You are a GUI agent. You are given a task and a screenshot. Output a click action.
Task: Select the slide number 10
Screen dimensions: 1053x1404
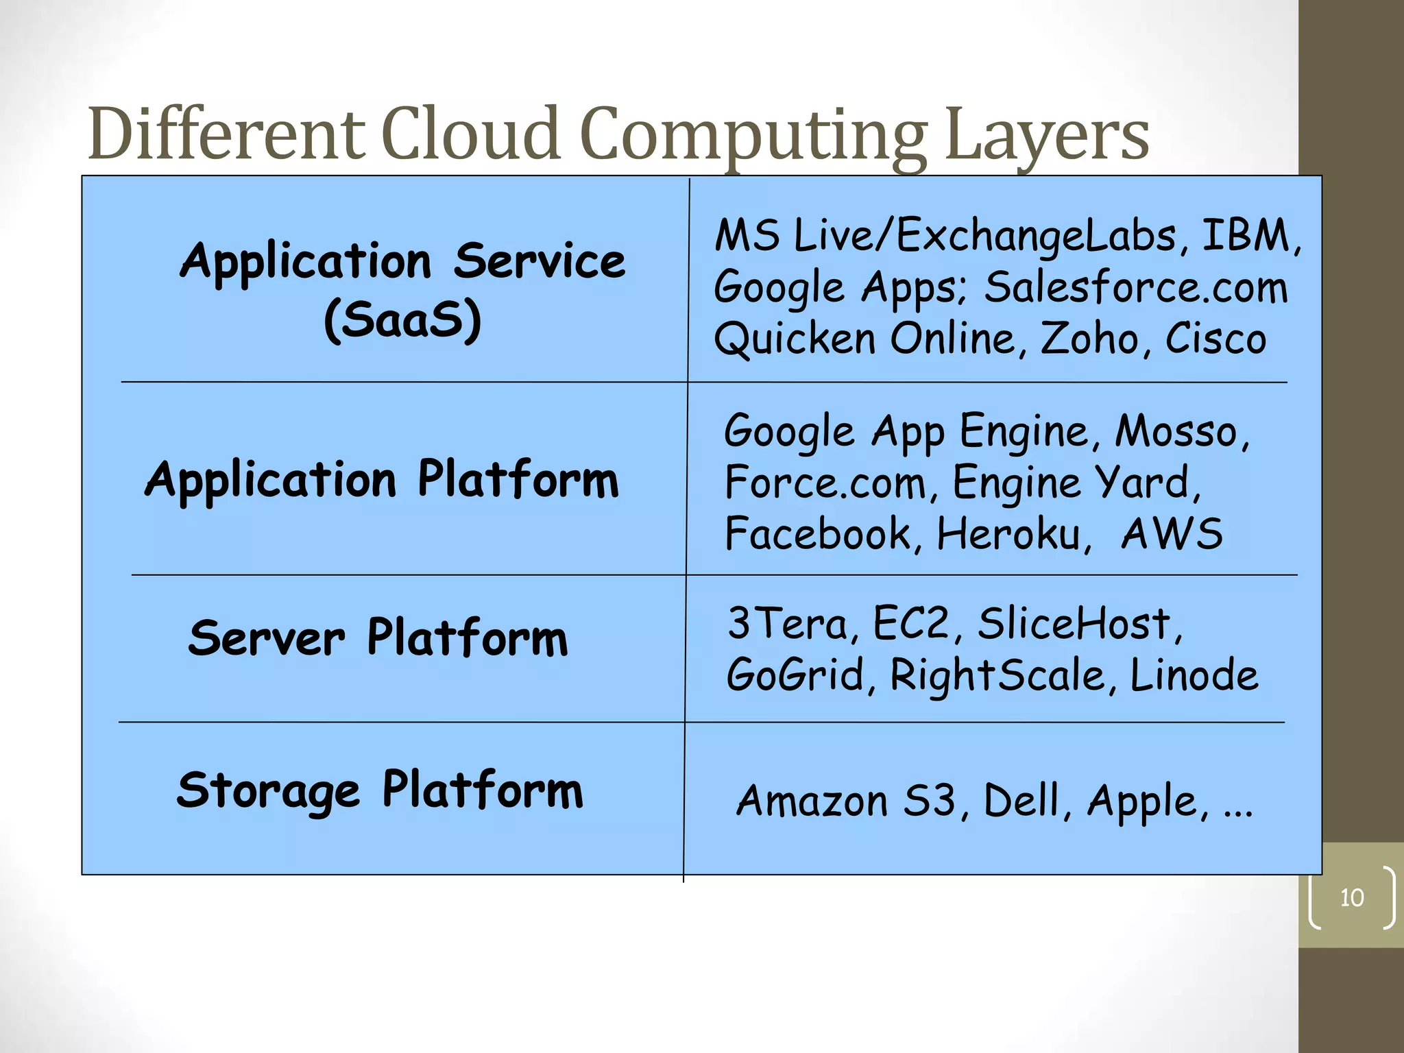point(1352,897)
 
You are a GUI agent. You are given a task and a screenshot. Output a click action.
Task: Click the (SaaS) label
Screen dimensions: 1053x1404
point(402,320)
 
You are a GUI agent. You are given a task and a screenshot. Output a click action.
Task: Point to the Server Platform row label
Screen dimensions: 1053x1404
point(378,638)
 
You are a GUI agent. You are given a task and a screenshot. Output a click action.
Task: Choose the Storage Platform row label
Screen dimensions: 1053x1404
point(380,790)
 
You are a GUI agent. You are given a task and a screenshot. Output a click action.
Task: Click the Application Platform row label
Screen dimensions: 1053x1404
point(382,479)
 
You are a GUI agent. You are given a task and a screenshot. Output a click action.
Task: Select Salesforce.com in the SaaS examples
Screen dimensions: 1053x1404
point(1136,287)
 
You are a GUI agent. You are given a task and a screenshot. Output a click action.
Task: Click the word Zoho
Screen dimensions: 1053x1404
point(1089,339)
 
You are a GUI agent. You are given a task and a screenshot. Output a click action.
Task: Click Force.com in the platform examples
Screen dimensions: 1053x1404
point(825,483)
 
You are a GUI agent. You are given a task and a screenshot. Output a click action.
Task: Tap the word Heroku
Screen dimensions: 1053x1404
point(1008,534)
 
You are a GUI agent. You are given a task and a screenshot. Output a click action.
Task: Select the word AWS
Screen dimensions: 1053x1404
point(1172,534)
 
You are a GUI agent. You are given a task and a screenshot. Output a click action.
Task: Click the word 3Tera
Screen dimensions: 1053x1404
point(788,624)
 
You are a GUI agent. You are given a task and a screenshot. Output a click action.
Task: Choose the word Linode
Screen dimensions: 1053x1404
point(1194,675)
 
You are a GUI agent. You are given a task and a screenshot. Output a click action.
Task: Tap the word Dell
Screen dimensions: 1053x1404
point(1021,801)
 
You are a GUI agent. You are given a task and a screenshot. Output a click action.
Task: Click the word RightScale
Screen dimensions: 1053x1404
point(997,675)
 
